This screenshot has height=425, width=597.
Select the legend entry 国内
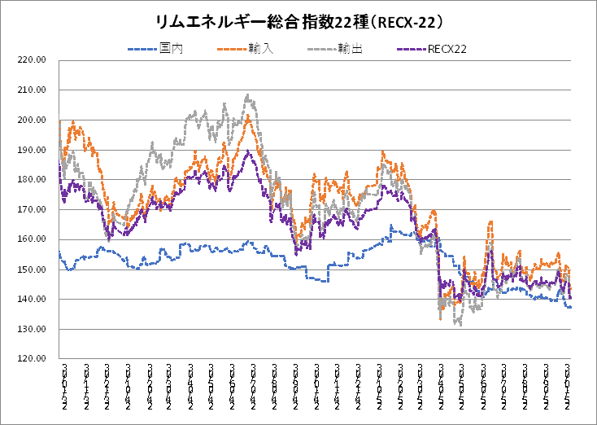point(172,50)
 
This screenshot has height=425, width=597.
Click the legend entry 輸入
point(262,50)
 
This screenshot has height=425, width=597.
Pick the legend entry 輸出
point(351,50)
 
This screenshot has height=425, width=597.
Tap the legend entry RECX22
point(447,50)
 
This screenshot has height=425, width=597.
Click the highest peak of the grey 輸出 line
point(247,95)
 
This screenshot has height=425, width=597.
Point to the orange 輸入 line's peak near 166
point(490,221)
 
